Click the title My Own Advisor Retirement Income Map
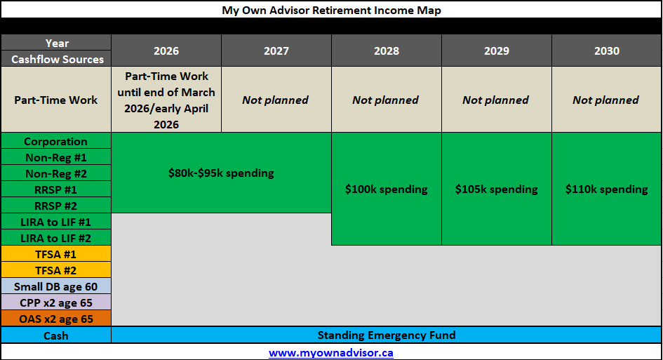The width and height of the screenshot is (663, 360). pyautogui.click(x=331, y=10)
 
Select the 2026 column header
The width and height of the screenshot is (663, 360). pyautogui.click(x=166, y=51)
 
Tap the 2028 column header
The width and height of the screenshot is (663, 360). pyautogui.click(x=387, y=51)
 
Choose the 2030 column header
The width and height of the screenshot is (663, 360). pyautogui.click(x=607, y=51)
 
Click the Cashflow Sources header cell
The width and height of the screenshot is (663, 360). pyautogui.click(x=57, y=59)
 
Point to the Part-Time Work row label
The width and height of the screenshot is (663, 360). pyautogui.click(x=56, y=100)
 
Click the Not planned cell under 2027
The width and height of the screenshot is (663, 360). pyautogui.click(x=276, y=100)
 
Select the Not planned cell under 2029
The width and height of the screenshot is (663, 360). pyautogui.click(x=496, y=100)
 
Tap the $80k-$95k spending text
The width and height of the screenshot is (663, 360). pyautogui.click(x=221, y=173)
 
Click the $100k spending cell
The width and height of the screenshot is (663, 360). pyautogui.click(x=387, y=189)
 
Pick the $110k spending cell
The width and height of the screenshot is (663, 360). pyautogui.click(x=607, y=189)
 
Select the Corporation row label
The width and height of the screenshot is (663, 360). pyautogui.click(x=56, y=141)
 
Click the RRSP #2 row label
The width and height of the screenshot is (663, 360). pyautogui.click(x=56, y=206)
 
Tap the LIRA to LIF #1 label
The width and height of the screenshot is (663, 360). pyautogui.click(x=56, y=222)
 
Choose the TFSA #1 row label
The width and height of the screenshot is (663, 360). pyautogui.click(x=56, y=254)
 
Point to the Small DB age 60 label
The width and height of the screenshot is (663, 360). pyautogui.click(x=56, y=286)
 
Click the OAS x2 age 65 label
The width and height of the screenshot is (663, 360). pyautogui.click(x=56, y=319)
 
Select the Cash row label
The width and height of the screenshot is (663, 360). pyautogui.click(x=56, y=335)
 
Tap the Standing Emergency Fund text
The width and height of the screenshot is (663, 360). pyautogui.click(x=387, y=335)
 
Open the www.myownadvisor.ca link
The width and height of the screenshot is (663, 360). pyautogui.click(x=331, y=353)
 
